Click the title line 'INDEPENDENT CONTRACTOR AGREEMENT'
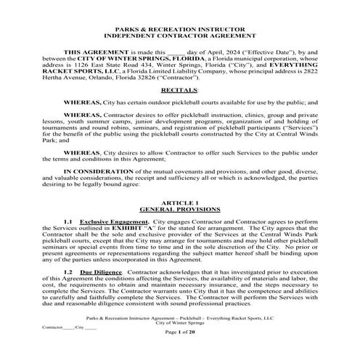(179, 34)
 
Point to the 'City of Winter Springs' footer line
(179, 322)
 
